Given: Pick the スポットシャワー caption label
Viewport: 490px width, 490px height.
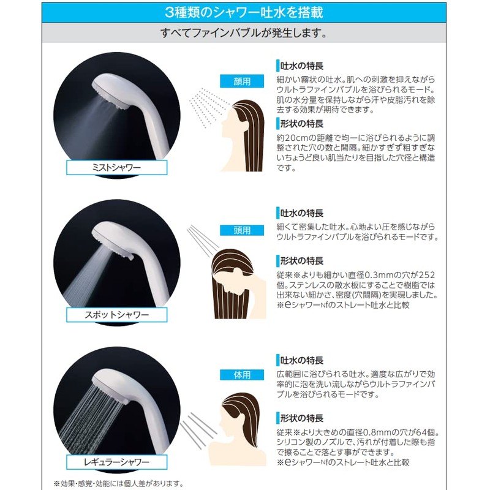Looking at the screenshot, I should tap(108, 316).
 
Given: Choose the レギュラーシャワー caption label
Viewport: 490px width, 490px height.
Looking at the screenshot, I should tap(107, 460).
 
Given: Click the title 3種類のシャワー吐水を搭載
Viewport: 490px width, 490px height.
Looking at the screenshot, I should tap(244, 12).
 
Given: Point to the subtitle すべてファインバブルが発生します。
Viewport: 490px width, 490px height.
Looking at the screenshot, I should tap(244, 33).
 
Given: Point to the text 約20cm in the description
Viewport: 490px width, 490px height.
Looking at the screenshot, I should tap(290, 137).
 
